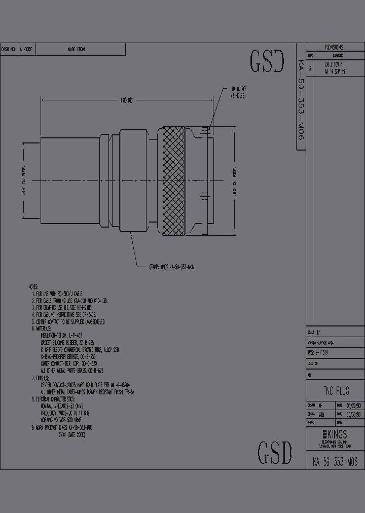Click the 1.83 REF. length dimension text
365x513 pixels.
click(127, 100)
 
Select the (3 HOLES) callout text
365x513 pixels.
click(238, 95)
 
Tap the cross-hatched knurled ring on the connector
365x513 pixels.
click(173, 181)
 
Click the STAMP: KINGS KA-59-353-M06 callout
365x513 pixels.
click(171, 267)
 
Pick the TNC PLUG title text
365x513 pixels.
click(336, 391)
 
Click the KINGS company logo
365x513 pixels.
click(335, 434)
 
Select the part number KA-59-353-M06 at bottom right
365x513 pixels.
click(335, 462)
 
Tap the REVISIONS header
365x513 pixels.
click(334, 47)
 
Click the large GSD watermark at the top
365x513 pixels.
click(267, 61)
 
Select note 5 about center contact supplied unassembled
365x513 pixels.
click(68, 322)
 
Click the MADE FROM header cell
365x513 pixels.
click(76, 49)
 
